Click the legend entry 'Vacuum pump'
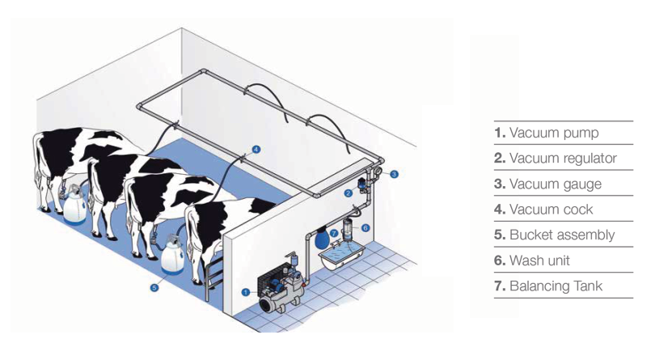click(546, 133)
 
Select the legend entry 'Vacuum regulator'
click(555, 159)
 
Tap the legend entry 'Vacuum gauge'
click(547, 184)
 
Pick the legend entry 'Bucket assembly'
click(554, 235)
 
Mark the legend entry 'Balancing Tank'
click(548, 286)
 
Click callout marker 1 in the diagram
click(245, 292)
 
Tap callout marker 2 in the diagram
click(348, 193)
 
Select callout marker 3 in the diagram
click(394, 174)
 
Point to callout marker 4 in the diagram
click(256, 149)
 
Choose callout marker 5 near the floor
click(154, 286)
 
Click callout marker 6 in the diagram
click(365, 229)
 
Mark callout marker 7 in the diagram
click(333, 233)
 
